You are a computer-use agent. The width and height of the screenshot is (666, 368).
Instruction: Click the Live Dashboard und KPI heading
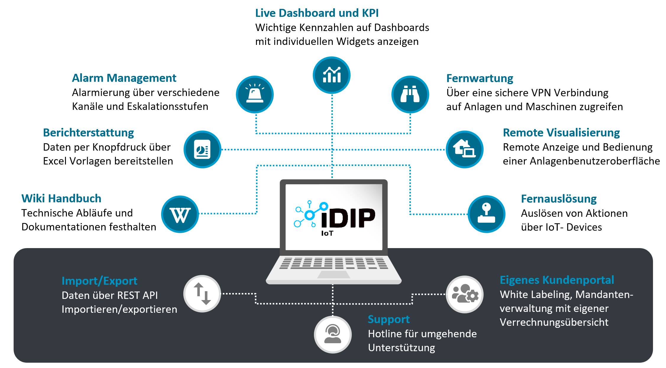[317, 13]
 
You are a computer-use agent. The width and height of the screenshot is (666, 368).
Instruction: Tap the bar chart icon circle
[332, 75]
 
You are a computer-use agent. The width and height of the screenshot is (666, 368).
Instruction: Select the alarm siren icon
[255, 95]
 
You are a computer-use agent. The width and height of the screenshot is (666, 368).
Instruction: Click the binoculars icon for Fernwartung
[410, 95]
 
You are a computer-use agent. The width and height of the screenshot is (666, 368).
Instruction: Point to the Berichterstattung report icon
[202, 149]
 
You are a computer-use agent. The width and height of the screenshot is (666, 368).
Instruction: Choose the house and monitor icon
[465, 149]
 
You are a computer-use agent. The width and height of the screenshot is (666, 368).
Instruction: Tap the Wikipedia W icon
[180, 214]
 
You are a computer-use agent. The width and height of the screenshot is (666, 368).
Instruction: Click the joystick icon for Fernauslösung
[487, 214]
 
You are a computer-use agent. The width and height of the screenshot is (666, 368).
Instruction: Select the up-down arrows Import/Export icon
[202, 294]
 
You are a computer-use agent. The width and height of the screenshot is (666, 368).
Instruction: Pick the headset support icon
[333, 335]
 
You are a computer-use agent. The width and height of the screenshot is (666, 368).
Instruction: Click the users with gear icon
[465, 294]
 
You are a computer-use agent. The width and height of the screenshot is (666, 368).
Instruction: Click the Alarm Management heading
[124, 78]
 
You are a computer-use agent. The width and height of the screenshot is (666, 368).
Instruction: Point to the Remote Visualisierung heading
[561, 133]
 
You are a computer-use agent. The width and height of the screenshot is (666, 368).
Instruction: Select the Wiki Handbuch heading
[61, 198]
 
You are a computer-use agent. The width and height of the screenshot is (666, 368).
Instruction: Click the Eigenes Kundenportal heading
[557, 280]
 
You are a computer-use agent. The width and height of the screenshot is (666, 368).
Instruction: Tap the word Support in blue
[389, 320]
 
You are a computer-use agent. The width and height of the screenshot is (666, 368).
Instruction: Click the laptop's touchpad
[334, 275]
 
